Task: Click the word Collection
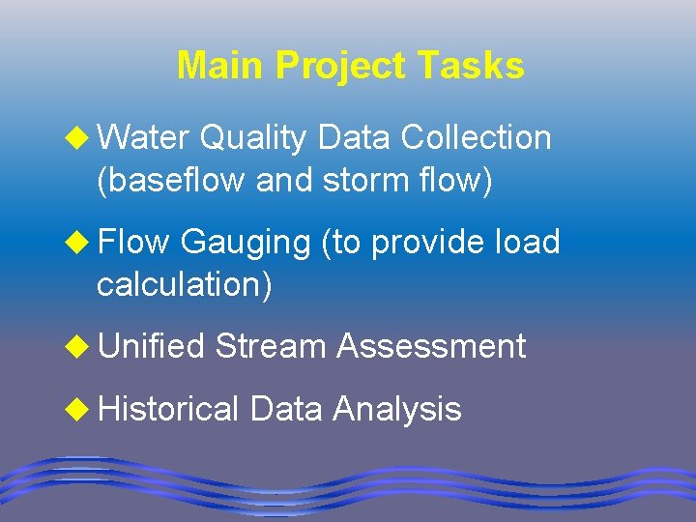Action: tap(476, 138)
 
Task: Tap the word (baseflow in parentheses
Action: tap(170, 180)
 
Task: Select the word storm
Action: tap(360, 180)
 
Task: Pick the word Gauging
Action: tap(244, 242)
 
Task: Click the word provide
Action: tap(426, 242)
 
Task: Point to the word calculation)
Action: tap(185, 284)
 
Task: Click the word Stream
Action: tap(271, 345)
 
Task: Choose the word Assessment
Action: tap(431, 345)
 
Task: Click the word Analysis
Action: tap(396, 409)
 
